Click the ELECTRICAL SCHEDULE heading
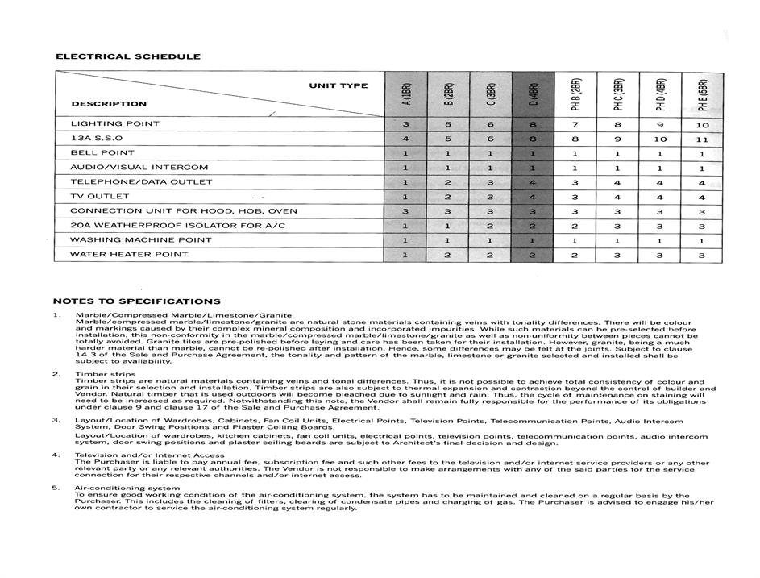click(127, 56)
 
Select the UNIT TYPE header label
click(338, 85)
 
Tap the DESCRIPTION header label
click(109, 103)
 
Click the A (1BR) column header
click(407, 94)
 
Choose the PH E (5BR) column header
click(702, 94)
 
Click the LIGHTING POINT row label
click(114, 124)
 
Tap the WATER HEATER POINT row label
click(129, 255)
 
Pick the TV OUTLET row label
click(99, 197)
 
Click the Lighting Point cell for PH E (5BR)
click(701, 125)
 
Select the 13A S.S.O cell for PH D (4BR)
click(659, 139)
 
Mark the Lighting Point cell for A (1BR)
click(406, 124)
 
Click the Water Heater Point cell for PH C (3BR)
click(617, 255)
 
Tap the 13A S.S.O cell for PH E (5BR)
click(701, 139)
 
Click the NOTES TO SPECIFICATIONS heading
click(136, 301)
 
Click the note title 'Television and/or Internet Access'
click(149, 455)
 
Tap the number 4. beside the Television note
click(56, 455)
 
